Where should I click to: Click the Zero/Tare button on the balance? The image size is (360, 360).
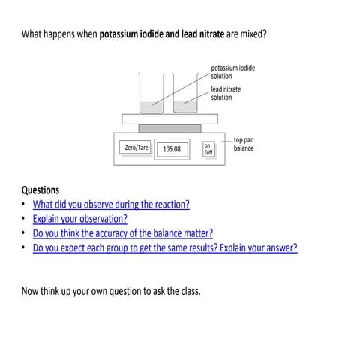coord(136,148)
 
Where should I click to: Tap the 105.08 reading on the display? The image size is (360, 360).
coord(172,149)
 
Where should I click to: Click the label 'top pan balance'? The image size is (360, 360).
coord(244,144)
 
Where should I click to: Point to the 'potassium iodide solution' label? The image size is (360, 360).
coord(232,71)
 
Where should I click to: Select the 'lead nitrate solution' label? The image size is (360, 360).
coord(226,93)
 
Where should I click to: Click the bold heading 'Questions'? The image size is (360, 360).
coord(40,190)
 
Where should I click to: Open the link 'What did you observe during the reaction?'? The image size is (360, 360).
coord(111,204)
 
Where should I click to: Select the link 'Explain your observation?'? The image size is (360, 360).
coord(80,218)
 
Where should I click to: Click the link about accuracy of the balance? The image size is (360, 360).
coord(123,232)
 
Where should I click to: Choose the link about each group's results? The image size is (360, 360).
coord(165,247)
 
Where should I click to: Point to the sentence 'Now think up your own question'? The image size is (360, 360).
coord(111,289)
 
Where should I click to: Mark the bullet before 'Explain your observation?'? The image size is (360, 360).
coord(24,218)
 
